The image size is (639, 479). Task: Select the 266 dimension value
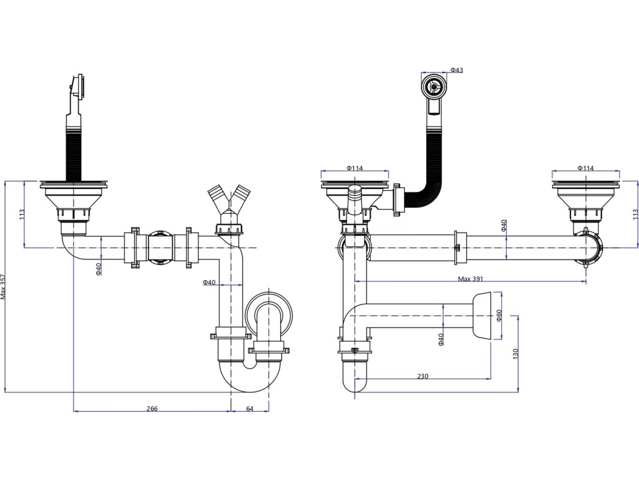pyautogui.click(x=152, y=409)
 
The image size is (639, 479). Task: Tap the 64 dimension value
pyautogui.click(x=250, y=409)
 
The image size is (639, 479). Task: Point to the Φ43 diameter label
pyautogui.click(x=456, y=70)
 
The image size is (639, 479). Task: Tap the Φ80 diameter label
pyautogui.click(x=499, y=315)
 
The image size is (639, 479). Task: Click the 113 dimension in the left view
pyautogui.click(x=22, y=215)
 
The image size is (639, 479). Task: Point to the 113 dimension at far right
pyautogui.click(x=635, y=213)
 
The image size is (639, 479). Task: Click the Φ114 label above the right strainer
pyautogui.click(x=585, y=168)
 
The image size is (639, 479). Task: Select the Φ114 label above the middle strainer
pyautogui.click(x=354, y=168)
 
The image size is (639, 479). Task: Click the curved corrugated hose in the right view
pyautogui.click(x=424, y=181)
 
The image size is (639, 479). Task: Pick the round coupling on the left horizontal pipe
pyautogui.click(x=160, y=248)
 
